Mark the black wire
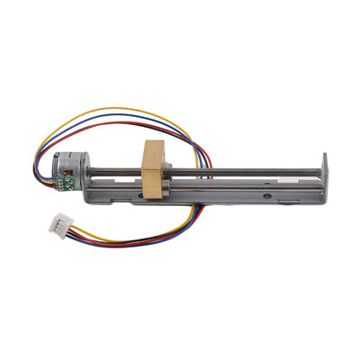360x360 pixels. (x=135, y=238)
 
